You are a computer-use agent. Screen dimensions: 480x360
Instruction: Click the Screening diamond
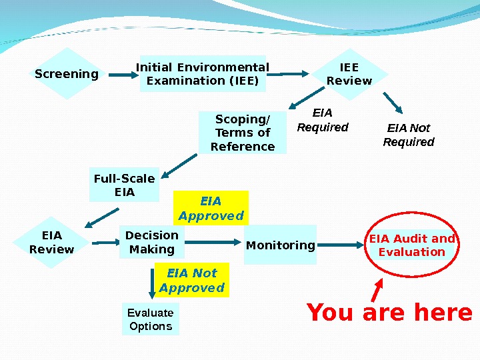coord(67,73)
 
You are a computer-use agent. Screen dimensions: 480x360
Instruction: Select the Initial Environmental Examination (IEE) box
coord(203,74)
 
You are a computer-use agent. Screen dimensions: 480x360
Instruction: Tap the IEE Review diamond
coord(349,74)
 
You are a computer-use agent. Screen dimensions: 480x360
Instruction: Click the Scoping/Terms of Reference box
coord(243,133)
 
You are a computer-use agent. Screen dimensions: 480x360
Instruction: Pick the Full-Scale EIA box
coord(124,185)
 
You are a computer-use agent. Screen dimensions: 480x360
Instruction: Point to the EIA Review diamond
coord(51,242)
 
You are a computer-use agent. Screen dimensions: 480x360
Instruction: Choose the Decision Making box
coord(152,242)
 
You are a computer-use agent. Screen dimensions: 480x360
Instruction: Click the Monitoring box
coord(281,245)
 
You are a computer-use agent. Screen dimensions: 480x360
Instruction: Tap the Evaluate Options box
coord(151,319)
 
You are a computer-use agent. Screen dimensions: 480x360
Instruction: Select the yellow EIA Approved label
coord(211,208)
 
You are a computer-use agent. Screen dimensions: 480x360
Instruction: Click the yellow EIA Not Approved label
coord(191,280)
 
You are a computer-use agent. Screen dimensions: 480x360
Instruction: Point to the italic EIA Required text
coord(323,120)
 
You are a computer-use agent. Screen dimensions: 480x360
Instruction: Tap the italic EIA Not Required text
coord(409,135)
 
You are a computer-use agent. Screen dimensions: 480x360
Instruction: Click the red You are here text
coord(389,312)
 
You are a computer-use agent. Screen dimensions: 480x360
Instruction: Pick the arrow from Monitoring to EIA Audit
coord(340,245)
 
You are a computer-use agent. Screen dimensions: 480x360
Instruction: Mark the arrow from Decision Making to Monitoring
coord(213,243)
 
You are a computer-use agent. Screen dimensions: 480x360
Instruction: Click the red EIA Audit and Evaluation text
coord(412,245)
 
